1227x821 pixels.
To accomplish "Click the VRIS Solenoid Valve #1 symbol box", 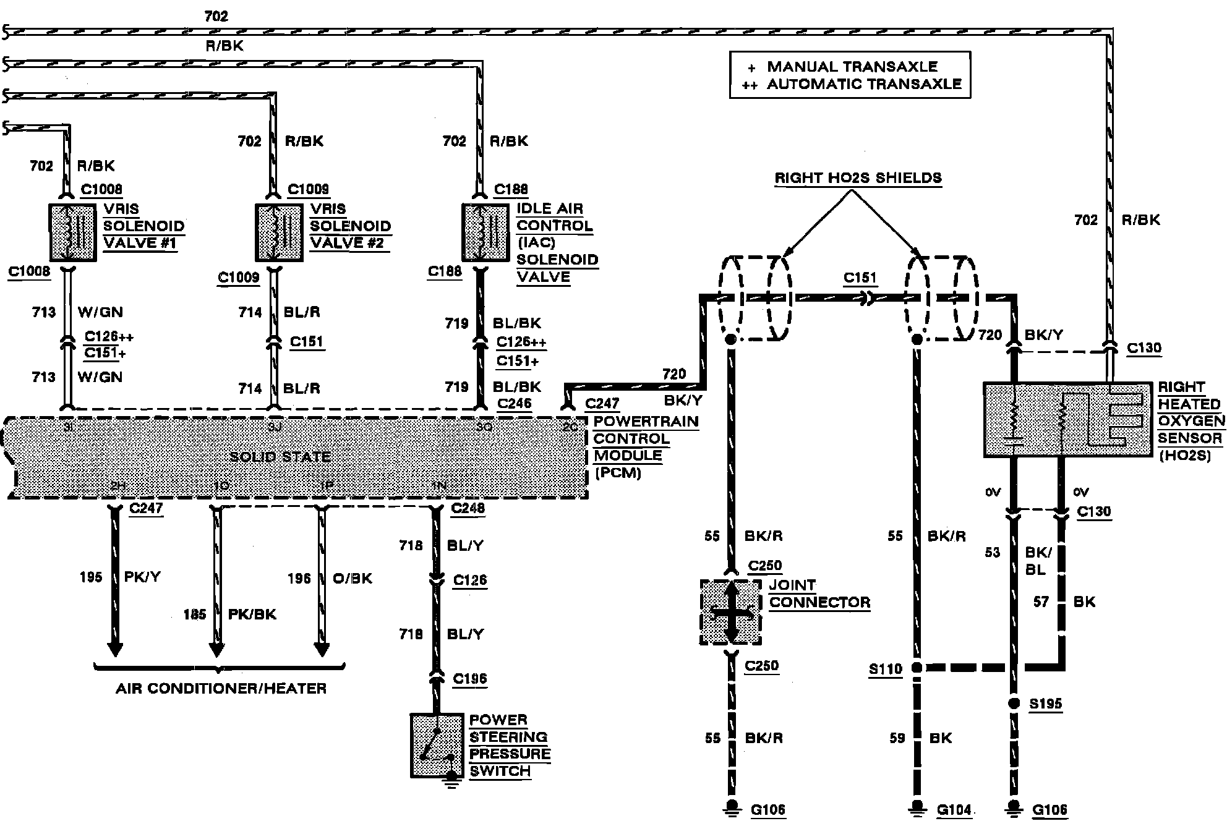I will point(72,232).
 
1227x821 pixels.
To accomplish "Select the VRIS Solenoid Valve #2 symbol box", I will point(279,232).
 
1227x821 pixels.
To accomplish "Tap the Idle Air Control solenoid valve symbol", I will point(485,232).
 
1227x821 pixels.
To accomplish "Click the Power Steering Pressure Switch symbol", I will point(437,746).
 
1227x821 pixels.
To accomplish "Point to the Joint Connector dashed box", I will point(731,612).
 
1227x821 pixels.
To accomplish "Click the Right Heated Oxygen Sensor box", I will point(1069,420).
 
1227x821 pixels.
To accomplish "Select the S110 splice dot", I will point(917,668).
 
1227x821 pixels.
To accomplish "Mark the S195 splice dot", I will point(1013,704).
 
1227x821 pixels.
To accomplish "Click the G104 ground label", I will point(954,809).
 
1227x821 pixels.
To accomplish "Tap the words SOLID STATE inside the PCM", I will point(280,457).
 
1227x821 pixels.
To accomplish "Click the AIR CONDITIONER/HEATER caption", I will point(221,688).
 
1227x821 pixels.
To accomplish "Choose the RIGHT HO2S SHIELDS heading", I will point(858,178).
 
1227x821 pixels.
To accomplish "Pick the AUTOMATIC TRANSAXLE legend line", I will point(864,84).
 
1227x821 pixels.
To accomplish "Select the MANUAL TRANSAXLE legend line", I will point(852,67).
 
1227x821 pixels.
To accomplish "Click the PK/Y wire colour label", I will point(142,577).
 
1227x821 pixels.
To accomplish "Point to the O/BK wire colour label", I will point(353,578).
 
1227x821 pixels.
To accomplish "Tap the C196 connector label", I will point(469,679).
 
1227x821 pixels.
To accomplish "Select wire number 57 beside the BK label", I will point(1041,602).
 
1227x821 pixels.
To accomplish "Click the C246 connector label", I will point(514,404).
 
